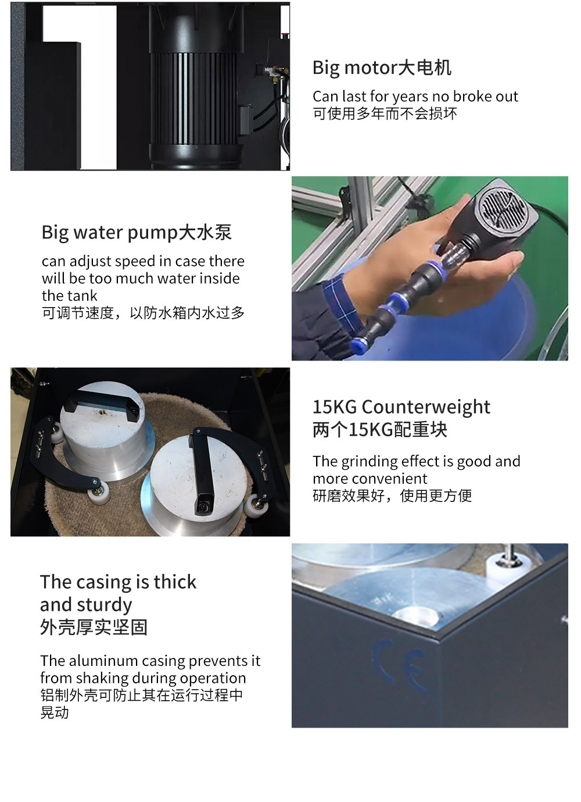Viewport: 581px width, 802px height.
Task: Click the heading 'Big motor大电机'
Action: tap(382, 68)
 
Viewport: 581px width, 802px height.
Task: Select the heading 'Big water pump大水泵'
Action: tap(137, 233)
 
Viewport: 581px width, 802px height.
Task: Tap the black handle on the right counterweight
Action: tap(203, 465)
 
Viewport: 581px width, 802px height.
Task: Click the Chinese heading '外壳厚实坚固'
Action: tap(94, 628)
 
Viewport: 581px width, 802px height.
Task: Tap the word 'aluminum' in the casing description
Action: tap(103, 661)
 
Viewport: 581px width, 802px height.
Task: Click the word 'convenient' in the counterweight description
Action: tap(398, 479)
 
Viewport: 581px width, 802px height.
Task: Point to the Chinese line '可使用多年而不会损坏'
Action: tap(385, 113)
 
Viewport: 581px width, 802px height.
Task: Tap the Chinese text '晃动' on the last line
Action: tap(55, 712)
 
